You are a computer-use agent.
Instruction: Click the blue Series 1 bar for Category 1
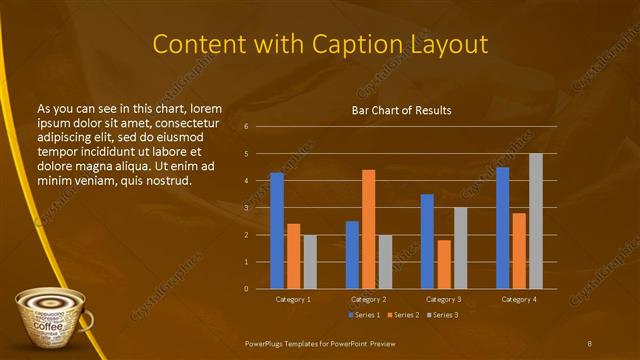click(277, 231)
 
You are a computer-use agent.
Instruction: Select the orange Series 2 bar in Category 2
click(369, 229)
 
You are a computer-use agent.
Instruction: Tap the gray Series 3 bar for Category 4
click(536, 221)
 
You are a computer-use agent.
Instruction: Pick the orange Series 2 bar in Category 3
click(444, 264)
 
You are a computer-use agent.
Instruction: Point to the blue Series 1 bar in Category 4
click(502, 228)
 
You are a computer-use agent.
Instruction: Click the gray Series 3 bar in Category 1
click(310, 262)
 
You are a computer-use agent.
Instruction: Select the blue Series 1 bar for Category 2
click(352, 255)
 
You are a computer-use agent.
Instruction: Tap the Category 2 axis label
click(369, 299)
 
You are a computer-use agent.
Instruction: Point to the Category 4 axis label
click(519, 299)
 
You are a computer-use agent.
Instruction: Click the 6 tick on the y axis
click(247, 127)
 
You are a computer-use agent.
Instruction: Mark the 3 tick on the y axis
click(247, 208)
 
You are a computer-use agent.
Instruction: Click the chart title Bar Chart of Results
click(401, 109)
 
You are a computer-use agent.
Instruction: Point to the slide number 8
click(590, 344)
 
